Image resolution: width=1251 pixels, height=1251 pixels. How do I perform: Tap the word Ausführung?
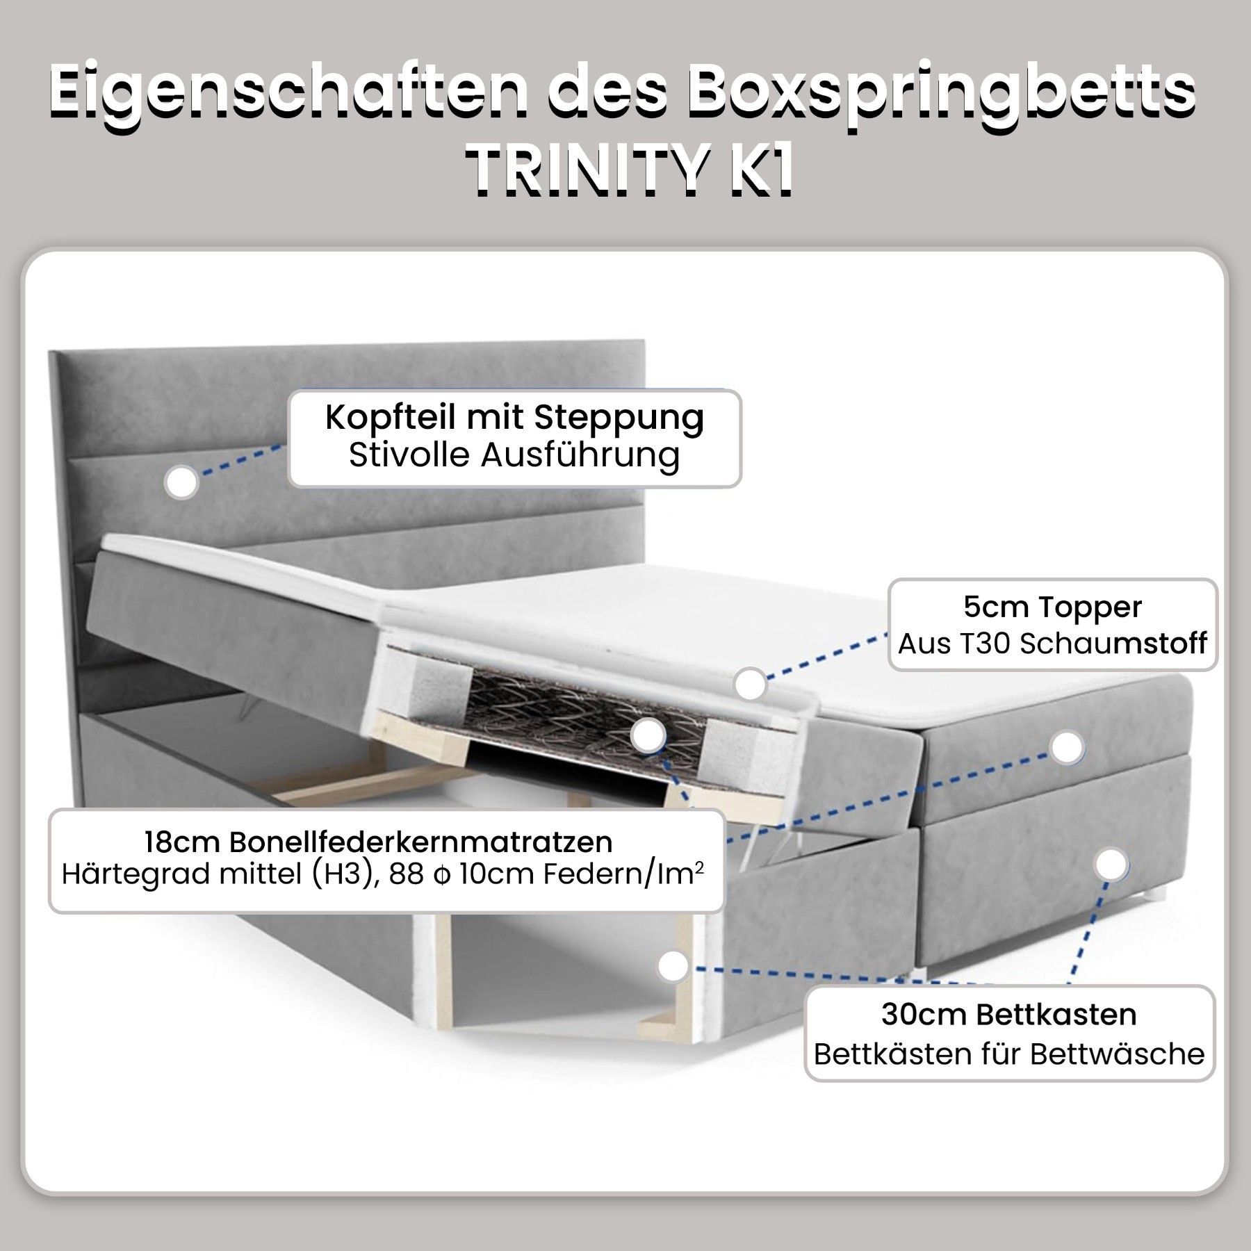click(x=580, y=456)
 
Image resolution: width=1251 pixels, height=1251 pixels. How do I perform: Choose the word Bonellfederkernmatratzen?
click(x=421, y=842)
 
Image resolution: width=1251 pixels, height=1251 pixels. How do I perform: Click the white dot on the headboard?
click(x=182, y=482)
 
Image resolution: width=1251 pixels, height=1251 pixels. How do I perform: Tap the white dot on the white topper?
click(x=750, y=683)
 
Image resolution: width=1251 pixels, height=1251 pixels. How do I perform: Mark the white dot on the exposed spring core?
click(x=649, y=735)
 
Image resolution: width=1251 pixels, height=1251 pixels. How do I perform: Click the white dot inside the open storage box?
click(x=673, y=966)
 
